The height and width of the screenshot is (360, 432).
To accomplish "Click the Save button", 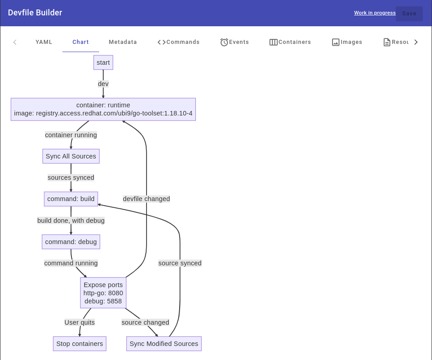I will coord(409,14).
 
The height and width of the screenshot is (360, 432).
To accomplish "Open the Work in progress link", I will coord(375,13).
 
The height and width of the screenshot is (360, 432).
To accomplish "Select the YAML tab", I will coord(44,42).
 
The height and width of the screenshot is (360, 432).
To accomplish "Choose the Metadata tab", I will coord(123,42).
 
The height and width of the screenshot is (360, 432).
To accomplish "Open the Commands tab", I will coord(178,42).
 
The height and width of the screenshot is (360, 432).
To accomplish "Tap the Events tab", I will coord(234,42).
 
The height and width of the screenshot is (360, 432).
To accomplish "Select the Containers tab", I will coord(290,42).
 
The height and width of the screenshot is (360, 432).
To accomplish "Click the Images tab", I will coord(347,42).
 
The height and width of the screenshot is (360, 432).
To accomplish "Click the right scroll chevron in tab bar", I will coord(416,42).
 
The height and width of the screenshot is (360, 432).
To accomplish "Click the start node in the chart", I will coord(103,62).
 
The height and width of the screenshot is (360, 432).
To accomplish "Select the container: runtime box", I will coord(103,109).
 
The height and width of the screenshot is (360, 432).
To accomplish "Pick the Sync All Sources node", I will coord(71,156).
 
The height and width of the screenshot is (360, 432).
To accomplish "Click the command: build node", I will coord(71,199).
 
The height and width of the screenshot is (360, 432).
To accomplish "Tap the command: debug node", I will coord(71,242).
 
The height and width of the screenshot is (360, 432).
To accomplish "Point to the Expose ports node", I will coord(103,293).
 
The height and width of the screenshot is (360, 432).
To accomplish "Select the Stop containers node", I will coord(80,344).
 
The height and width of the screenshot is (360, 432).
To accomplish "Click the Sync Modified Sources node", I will coord(164,344).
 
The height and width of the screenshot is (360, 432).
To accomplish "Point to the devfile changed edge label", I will coord(146,199).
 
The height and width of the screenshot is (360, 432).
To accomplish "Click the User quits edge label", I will coord(80,322).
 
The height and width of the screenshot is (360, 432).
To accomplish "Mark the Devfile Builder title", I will coord(35,13).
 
